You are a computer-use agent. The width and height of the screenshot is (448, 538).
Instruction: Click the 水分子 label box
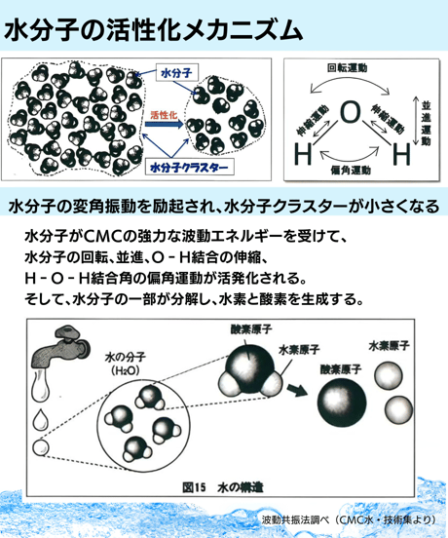[x=177, y=73]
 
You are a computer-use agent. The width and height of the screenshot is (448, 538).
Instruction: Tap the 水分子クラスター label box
[x=190, y=167]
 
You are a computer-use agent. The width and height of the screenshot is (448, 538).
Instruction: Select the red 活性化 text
[x=164, y=115]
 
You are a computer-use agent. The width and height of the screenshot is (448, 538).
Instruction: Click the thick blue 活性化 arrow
[x=165, y=124]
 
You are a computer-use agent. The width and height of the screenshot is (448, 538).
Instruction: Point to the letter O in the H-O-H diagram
[x=351, y=112]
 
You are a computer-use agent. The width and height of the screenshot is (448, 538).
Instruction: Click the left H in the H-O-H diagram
[x=303, y=154]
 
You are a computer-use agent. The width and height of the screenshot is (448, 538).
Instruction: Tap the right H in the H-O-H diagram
[x=401, y=154]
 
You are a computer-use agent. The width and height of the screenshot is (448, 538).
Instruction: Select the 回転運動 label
[x=348, y=68]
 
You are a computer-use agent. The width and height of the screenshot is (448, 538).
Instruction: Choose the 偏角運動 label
[x=351, y=170]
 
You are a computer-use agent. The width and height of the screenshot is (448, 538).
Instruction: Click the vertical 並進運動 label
[x=426, y=123]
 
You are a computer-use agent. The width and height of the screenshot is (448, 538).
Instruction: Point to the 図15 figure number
[x=194, y=487]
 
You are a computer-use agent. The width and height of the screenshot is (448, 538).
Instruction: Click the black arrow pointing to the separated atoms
[x=296, y=390]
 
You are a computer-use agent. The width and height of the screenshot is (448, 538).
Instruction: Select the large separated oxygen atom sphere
[x=342, y=403]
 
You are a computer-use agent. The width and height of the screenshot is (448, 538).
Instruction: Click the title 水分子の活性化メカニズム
[x=153, y=30]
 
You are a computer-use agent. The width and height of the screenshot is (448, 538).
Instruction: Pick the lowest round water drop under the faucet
[x=41, y=447]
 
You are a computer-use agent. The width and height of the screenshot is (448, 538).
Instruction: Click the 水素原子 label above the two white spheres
[x=389, y=346]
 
